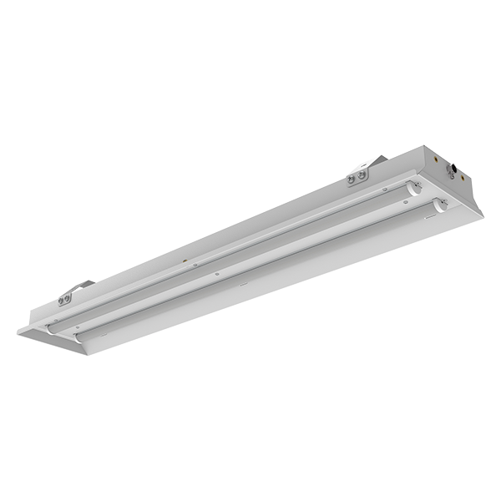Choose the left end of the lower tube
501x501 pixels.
[x=78, y=338]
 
